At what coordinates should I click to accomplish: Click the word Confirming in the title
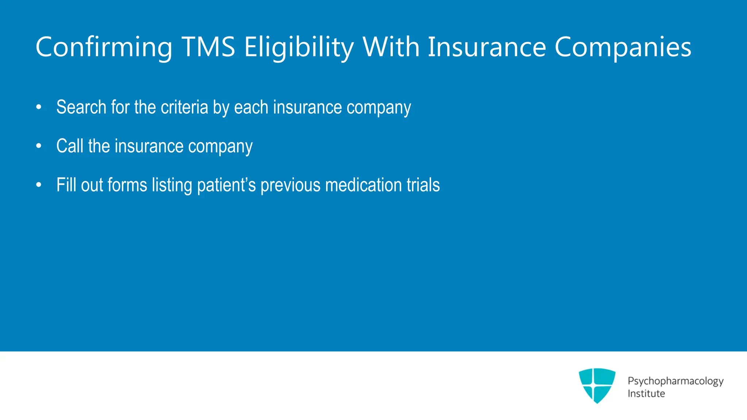pyautogui.click(x=104, y=47)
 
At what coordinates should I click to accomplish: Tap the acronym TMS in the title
pyautogui.click(x=208, y=47)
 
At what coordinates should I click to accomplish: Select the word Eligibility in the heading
pyautogui.click(x=299, y=47)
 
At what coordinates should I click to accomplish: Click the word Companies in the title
pyautogui.click(x=623, y=47)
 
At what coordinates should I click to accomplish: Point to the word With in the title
pyautogui.click(x=391, y=47)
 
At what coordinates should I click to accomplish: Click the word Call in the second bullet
pyautogui.click(x=70, y=146)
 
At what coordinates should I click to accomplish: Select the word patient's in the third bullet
pyautogui.click(x=227, y=185)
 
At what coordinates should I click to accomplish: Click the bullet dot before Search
pyautogui.click(x=39, y=108)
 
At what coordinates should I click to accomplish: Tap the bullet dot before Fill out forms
pyautogui.click(x=39, y=185)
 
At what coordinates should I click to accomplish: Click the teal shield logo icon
pyautogui.click(x=597, y=385)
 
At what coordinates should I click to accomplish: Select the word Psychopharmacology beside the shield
pyautogui.click(x=675, y=381)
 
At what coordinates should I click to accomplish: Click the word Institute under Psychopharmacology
pyautogui.click(x=646, y=394)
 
